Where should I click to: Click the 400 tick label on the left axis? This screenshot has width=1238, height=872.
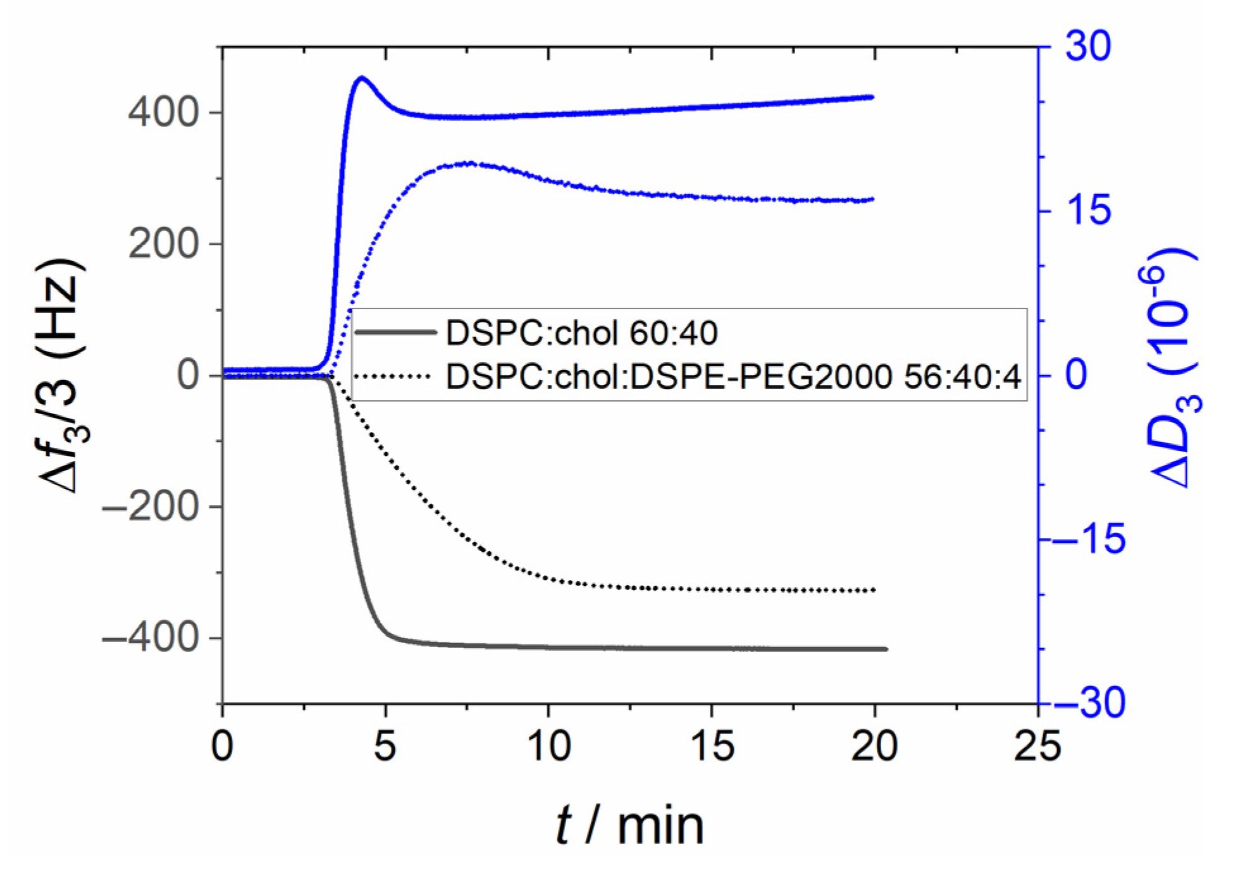tap(163, 114)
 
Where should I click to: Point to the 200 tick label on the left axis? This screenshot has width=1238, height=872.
tap(163, 245)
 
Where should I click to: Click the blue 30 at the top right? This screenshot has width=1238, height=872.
tap(1087, 46)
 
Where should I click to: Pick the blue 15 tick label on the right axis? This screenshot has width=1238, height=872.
tap(1087, 211)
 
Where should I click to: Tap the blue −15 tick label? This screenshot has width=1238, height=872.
tap(1090, 539)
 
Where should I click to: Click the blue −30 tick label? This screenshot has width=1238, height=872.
tap(1090, 703)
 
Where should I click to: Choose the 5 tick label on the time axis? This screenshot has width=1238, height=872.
tap(385, 747)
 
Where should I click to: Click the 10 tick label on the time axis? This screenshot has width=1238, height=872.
tap(548, 747)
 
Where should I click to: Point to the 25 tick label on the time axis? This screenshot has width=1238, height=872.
tap(1037, 747)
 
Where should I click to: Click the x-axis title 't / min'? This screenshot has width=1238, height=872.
tap(629, 826)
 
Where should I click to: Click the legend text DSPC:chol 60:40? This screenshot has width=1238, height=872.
tap(581, 333)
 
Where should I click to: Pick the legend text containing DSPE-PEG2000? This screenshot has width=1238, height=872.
tap(733, 378)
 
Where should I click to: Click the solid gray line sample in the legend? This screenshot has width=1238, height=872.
tap(395, 333)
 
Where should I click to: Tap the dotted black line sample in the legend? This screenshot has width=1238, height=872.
tap(392, 377)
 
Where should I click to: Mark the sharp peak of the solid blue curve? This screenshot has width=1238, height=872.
tap(362, 78)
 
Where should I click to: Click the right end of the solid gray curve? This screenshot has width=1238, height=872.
tap(886, 649)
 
